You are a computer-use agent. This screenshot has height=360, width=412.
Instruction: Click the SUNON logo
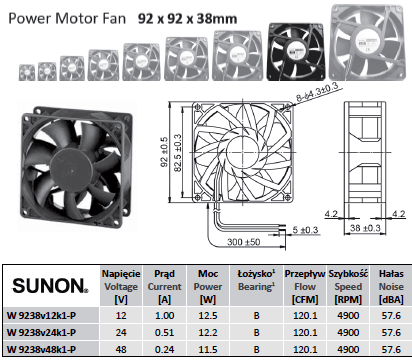pyautogui.click(x=50, y=286)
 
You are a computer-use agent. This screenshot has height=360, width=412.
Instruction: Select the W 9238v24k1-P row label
pyautogui.click(x=41, y=332)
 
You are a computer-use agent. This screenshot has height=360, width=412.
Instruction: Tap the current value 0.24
pyautogui.click(x=165, y=349)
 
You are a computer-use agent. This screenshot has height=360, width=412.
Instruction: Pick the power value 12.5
pyautogui.click(x=208, y=315)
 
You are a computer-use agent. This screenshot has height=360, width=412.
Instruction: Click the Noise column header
pyautogui.click(x=391, y=286)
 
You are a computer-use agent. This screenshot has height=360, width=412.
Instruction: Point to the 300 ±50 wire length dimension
pyautogui.click(x=243, y=241)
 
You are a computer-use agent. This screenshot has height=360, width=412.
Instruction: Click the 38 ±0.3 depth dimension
pyautogui.click(x=365, y=228)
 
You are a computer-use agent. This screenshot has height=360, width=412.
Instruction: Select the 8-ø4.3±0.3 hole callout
pyautogui.click(x=317, y=92)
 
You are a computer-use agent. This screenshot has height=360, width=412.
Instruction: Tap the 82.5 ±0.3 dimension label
pyautogui.click(x=178, y=153)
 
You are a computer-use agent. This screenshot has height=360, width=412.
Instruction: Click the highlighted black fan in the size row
pyautogui.click(x=296, y=52)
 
